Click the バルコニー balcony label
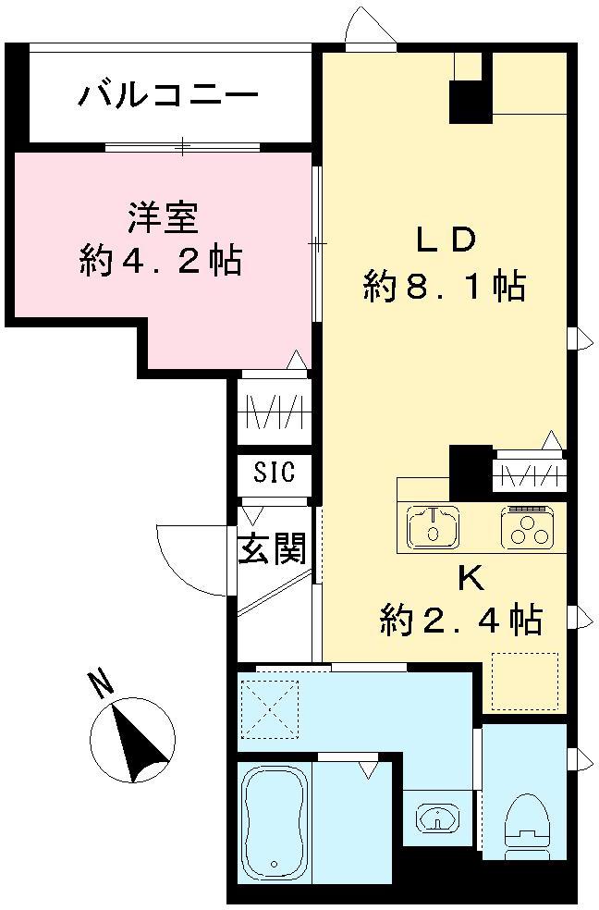[167, 95]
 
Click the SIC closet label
[275, 473]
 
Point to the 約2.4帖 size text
[460, 620]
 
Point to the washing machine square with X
[269, 710]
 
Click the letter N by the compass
[100, 685]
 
